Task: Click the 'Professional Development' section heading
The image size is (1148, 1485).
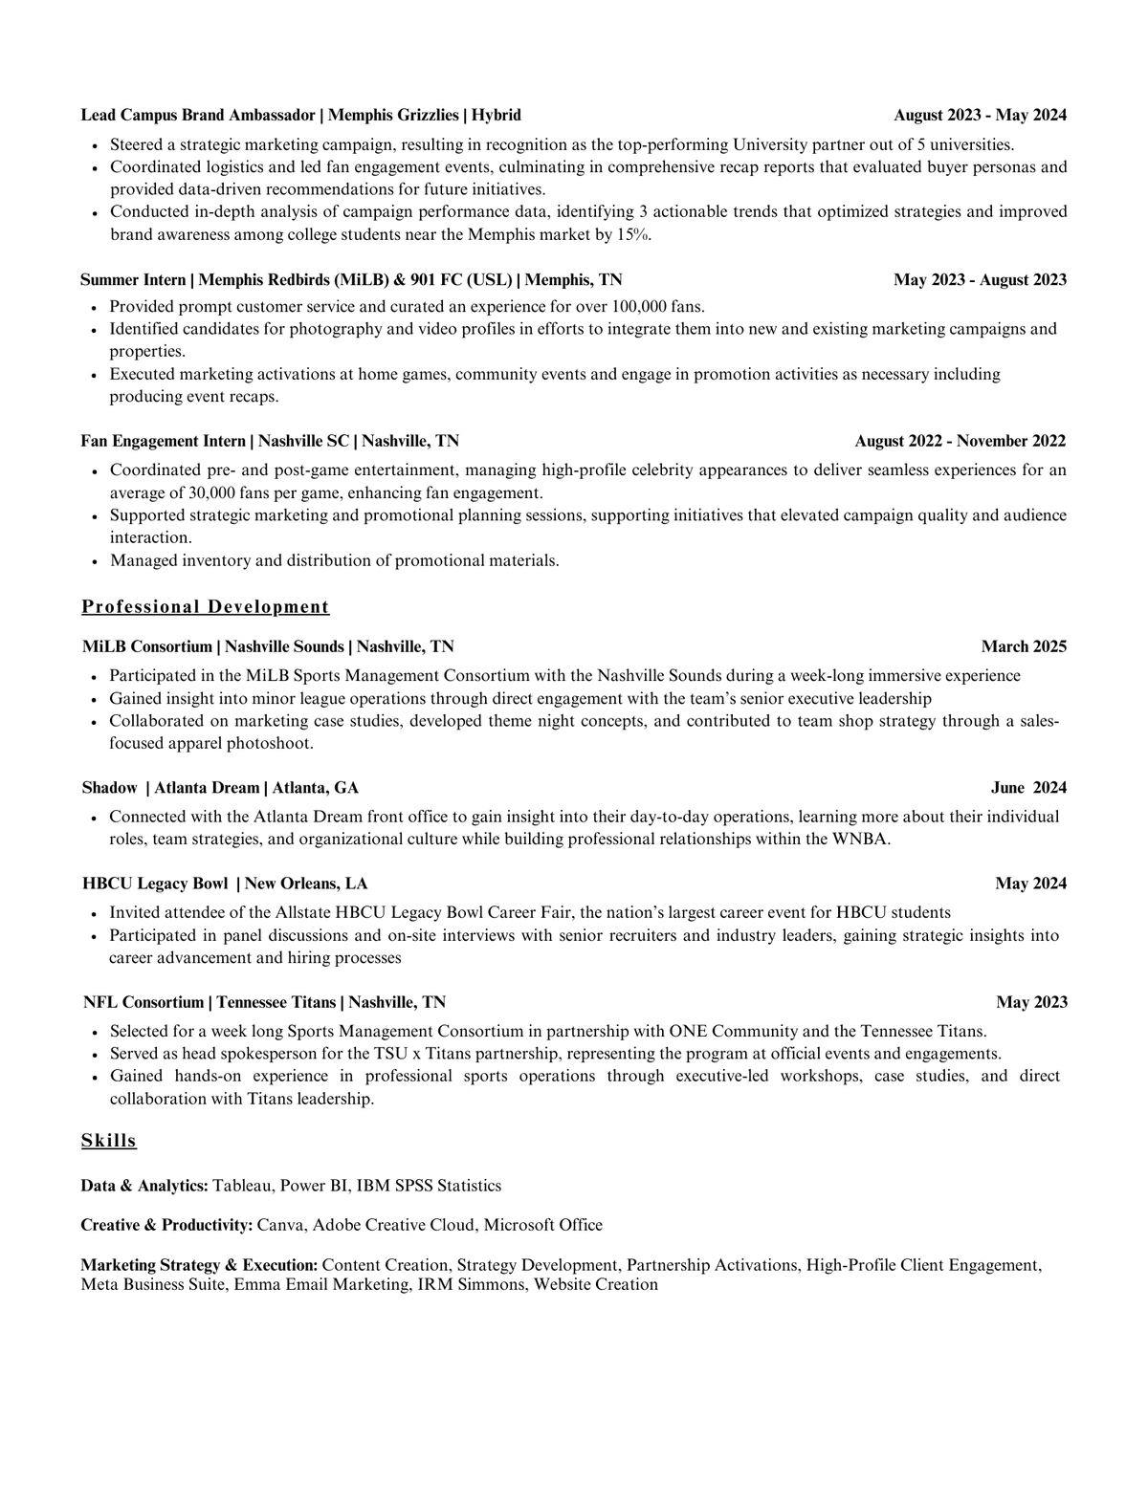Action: click(205, 607)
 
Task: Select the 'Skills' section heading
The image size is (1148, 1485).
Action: click(108, 1141)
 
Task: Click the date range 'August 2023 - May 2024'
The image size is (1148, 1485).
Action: click(980, 116)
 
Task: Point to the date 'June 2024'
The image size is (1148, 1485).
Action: click(1028, 788)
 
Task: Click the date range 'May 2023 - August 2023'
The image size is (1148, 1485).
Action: click(980, 280)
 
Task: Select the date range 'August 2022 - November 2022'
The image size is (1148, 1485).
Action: click(960, 441)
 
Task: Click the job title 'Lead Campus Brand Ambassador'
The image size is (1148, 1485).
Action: click(198, 116)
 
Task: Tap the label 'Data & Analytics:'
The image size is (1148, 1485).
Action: click(144, 1186)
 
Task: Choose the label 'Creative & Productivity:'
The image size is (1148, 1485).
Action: click(166, 1225)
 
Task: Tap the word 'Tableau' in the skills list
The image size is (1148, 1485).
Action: click(242, 1186)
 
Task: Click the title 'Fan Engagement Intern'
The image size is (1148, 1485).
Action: click(163, 441)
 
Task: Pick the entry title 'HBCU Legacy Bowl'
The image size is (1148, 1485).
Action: click(155, 884)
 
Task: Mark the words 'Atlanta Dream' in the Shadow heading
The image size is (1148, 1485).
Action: click(207, 788)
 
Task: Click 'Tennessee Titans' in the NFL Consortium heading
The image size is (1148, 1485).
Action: click(276, 1002)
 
